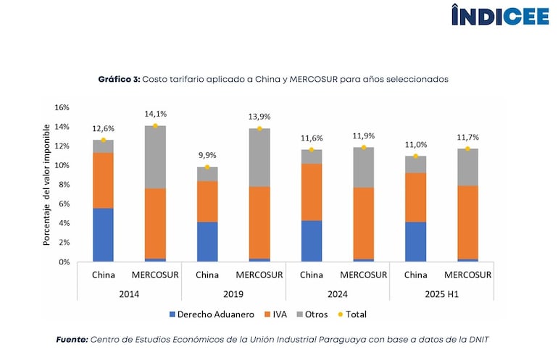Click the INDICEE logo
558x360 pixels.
click(x=500, y=15)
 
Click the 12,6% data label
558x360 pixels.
click(x=103, y=130)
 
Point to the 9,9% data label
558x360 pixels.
click(x=207, y=156)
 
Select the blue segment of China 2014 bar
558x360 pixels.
click(x=103, y=235)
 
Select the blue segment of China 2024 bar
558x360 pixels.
click(x=312, y=240)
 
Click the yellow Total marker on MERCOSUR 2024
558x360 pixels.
click(x=364, y=147)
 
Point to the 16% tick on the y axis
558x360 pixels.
click(x=62, y=107)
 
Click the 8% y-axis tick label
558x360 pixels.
click(x=64, y=185)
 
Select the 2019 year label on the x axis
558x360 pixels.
click(x=233, y=293)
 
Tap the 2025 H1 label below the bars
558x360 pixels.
click(x=442, y=293)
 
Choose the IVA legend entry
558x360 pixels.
click(x=278, y=314)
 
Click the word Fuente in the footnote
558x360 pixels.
click(x=72, y=339)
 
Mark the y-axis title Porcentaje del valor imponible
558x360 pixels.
click(x=46, y=185)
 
